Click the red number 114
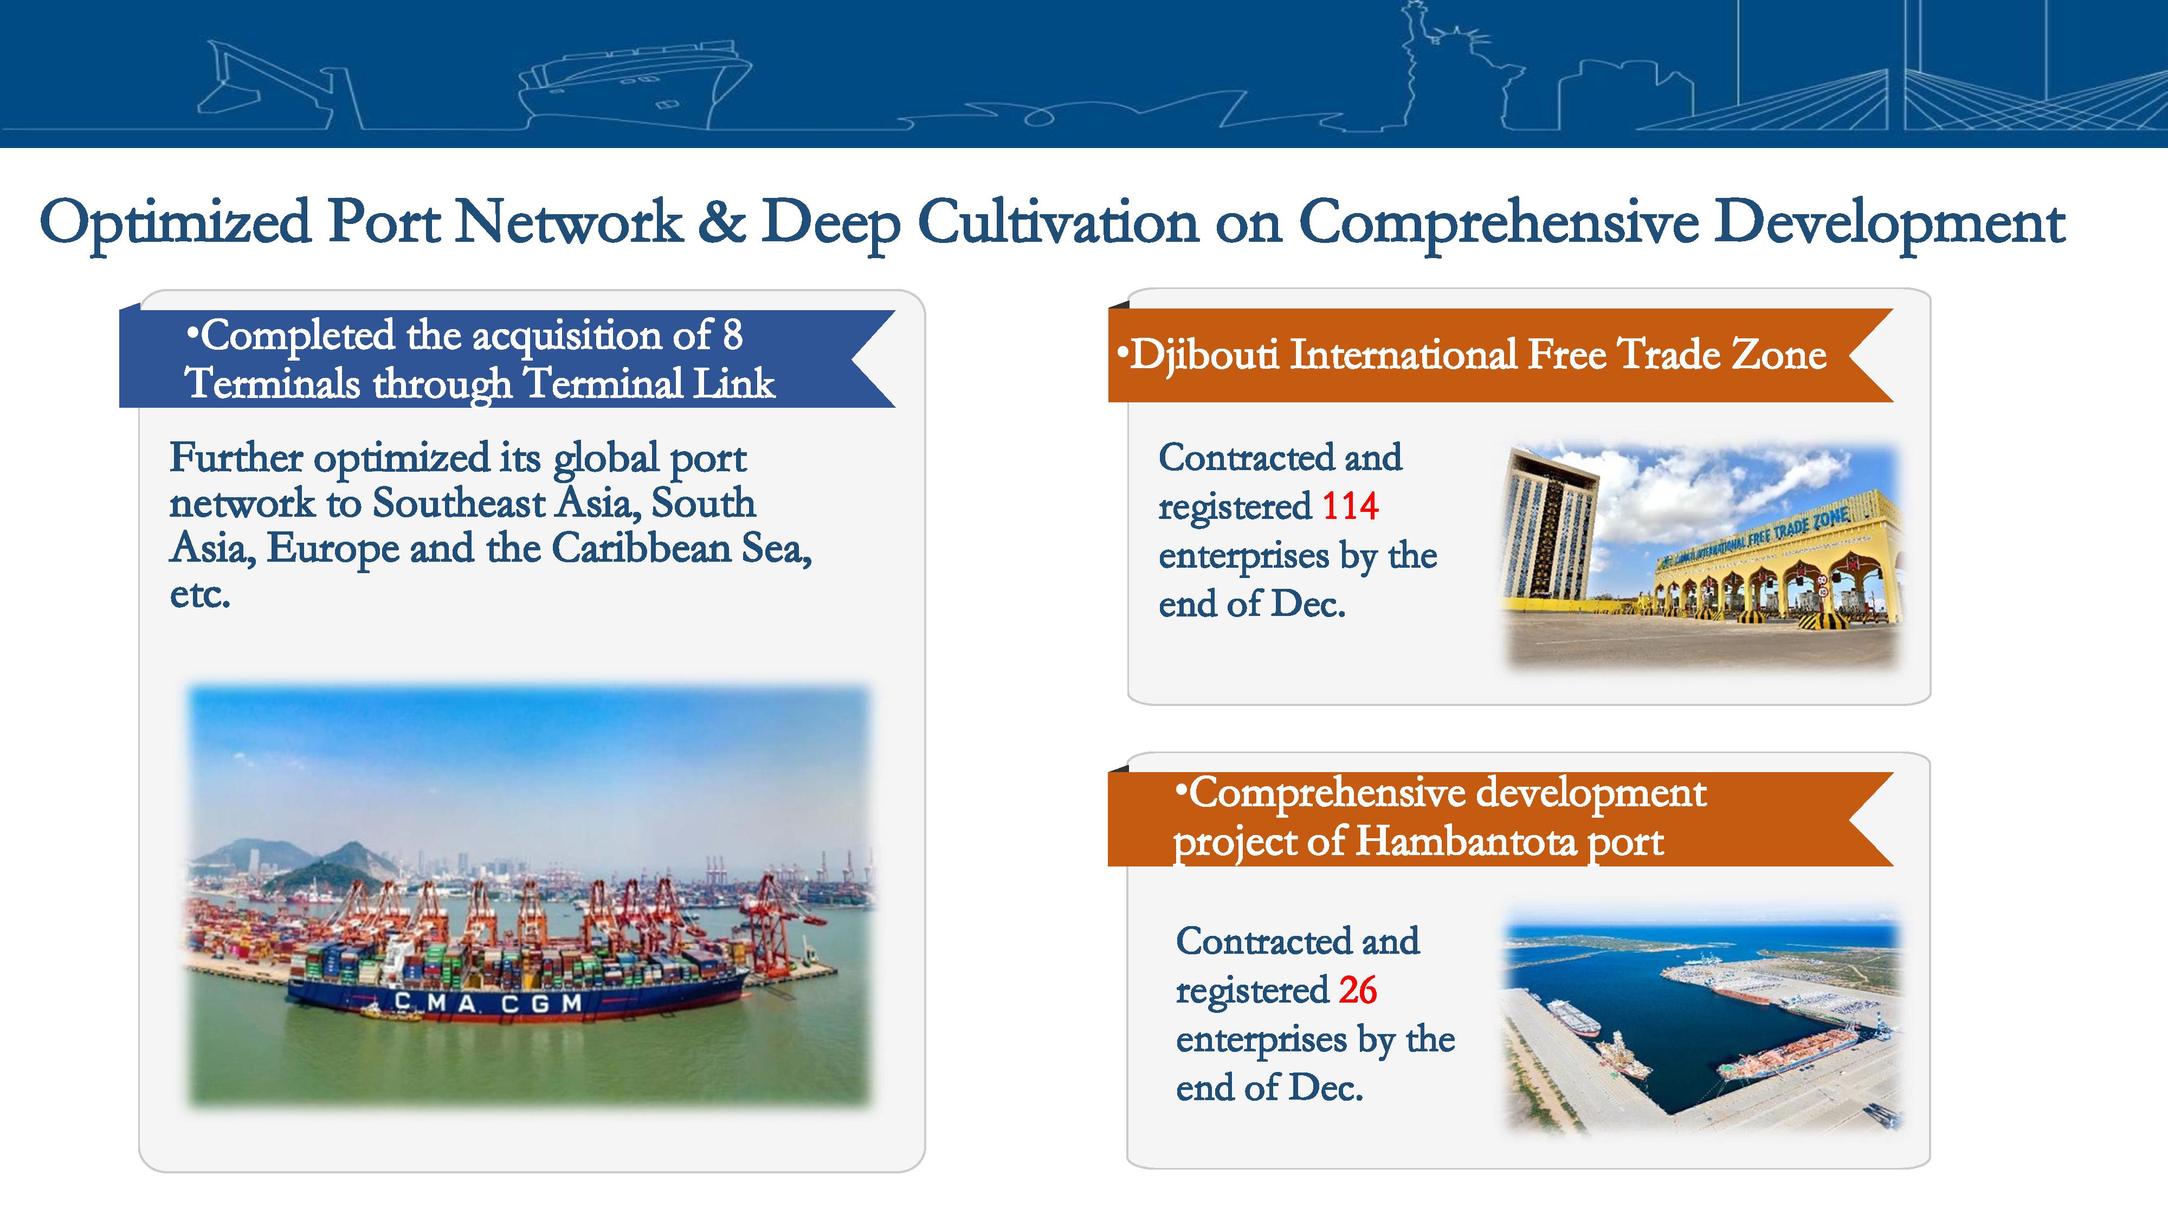(x=1350, y=506)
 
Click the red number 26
(x=1358, y=990)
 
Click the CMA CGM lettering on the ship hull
(x=488, y=1003)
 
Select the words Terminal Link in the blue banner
(x=648, y=384)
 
